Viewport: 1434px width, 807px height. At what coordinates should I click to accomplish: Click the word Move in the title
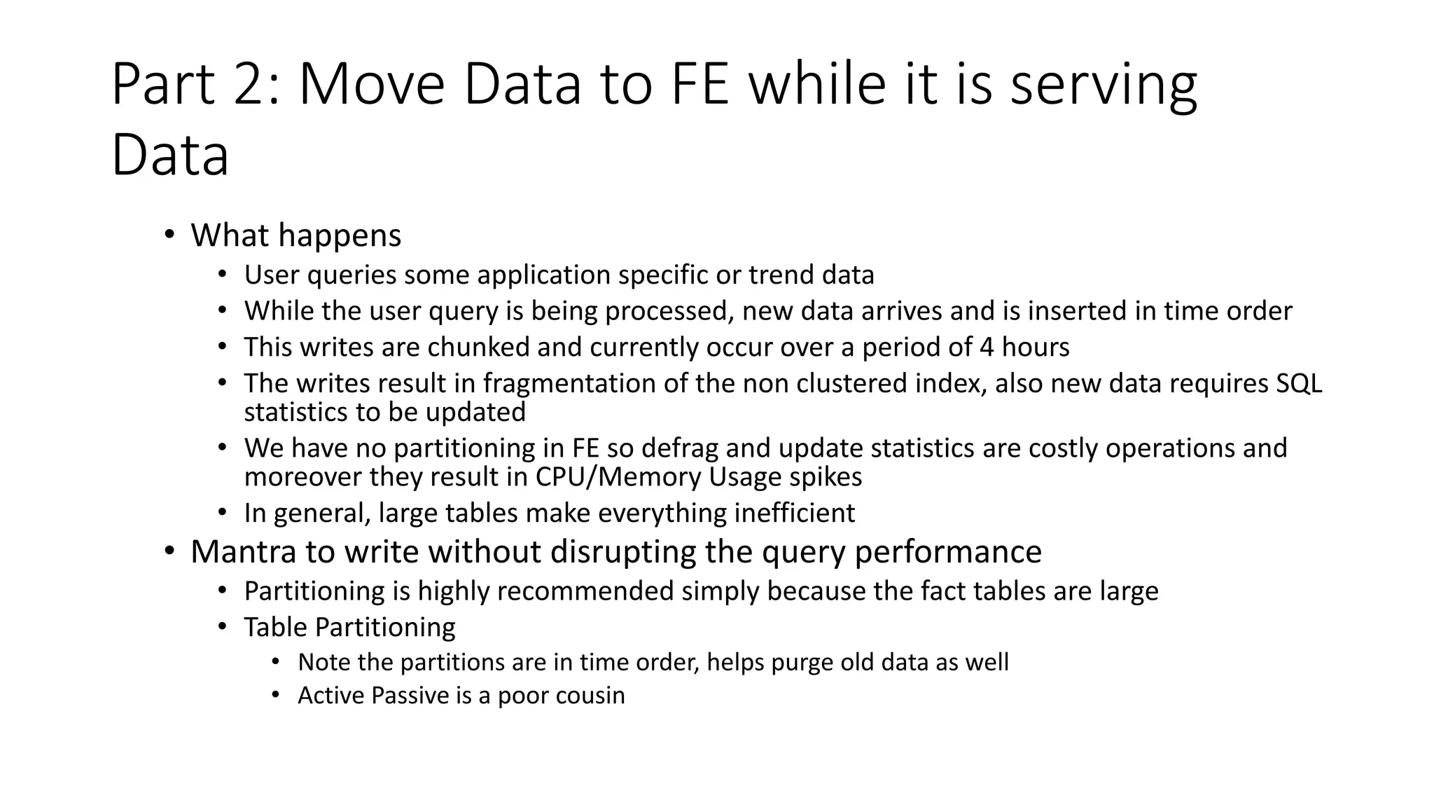point(372,84)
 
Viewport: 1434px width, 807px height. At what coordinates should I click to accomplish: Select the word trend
point(781,275)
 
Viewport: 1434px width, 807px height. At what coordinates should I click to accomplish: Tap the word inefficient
point(794,513)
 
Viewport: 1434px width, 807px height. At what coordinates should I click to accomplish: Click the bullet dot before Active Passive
point(275,695)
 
